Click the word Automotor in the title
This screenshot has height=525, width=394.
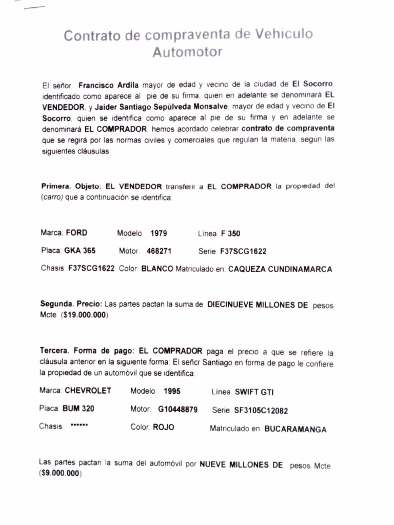click(x=188, y=52)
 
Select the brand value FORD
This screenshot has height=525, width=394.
click(x=76, y=233)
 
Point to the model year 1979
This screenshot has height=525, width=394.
click(x=159, y=233)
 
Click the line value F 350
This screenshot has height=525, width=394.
click(x=230, y=234)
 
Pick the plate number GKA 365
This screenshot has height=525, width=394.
click(x=80, y=251)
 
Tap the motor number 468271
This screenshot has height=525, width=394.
click(x=159, y=251)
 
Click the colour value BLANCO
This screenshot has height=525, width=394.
click(x=157, y=269)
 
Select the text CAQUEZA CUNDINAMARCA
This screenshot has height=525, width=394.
click(x=280, y=269)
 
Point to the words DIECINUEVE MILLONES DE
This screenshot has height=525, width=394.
click(x=258, y=305)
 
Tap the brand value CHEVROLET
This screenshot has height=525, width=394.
click(x=88, y=390)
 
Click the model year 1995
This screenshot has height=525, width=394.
click(x=172, y=391)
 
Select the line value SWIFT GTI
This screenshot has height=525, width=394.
click(x=254, y=392)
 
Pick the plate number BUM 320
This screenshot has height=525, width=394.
click(x=78, y=409)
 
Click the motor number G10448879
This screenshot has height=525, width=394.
click(x=178, y=410)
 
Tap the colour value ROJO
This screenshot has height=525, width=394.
click(x=163, y=427)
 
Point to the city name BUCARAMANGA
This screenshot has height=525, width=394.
click(x=295, y=429)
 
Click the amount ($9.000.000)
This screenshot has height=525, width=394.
click(x=60, y=474)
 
